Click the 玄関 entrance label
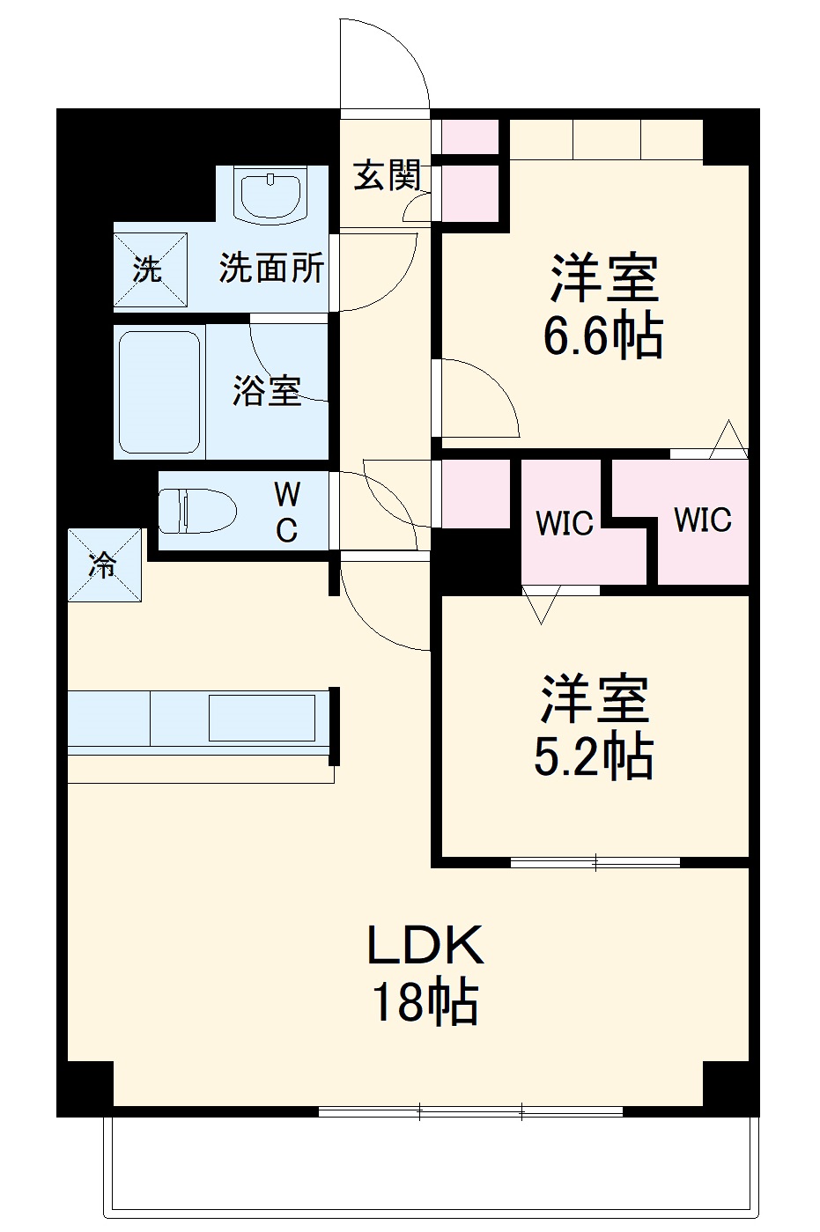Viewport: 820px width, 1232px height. (x=387, y=176)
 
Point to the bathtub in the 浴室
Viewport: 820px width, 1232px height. (x=159, y=392)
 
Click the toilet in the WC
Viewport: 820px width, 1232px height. (x=197, y=512)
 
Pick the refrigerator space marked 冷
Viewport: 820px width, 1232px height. (x=105, y=564)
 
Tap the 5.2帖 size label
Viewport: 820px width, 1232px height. (x=594, y=756)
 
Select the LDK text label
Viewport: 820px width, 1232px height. (x=425, y=946)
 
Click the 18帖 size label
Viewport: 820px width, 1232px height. (x=425, y=1002)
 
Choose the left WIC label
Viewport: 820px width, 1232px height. (x=565, y=523)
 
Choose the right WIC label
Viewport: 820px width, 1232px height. (x=702, y=520)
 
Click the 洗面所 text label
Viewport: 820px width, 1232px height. (x=271, y=268)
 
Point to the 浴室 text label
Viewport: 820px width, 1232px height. (x=267, y=390)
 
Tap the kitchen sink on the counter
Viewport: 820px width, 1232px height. (x=262, y=718)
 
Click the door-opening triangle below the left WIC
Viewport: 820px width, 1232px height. (x=540, y=604)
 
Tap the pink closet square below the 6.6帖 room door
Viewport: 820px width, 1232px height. (x=475, y=494)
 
